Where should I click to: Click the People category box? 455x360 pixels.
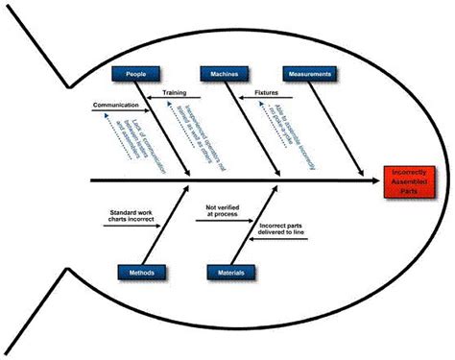pyautogui.click(x=134, y=74)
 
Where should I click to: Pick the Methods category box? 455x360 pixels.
pyautogui.click(x=142, y=272)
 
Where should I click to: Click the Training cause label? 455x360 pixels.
pyautogui.click(x=174, y=94)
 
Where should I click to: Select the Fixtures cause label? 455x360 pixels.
pyautogui.click(x=266, y=94)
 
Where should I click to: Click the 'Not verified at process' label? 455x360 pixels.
pyautogui.click(x=223, y=211)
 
